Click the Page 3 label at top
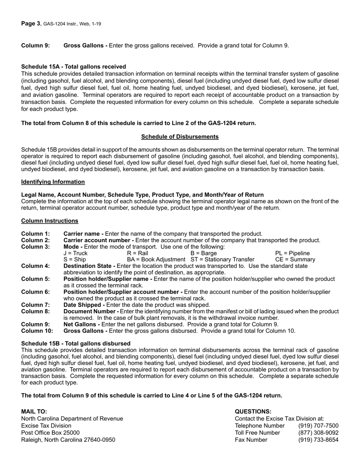point(31,24)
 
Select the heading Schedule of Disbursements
point(180,137)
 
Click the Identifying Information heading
point(53,182)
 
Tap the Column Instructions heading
point(50,221)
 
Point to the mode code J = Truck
point(75,253)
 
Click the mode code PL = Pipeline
point(292,253)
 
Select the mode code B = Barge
point(203,253)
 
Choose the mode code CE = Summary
point(295,260)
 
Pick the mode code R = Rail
point(138,253)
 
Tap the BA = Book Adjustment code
point(157,260)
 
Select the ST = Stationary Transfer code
point(222,260)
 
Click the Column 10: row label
point(37,331)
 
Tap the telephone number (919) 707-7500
point(318,426)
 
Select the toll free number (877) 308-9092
point(318,433)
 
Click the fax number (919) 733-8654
point(318,440)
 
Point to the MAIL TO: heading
point(34,411)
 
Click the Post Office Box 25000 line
point(50,433)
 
